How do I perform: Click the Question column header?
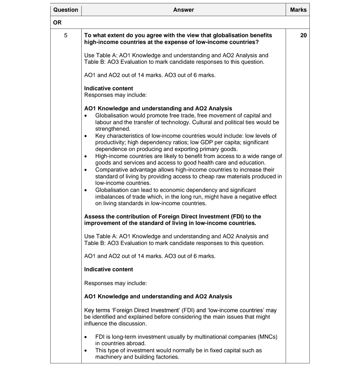tap(66, 10)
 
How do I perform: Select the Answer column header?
tap(184, 10)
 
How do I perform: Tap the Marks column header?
tap(298, 10)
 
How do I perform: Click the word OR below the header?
tap(57, 23)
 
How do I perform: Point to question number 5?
tap(66, 35)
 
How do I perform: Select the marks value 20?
tap(303, 35)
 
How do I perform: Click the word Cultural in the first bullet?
tap(202, 122)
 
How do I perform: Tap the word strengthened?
tap(112, 129)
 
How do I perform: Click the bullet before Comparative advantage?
tap(86, 170)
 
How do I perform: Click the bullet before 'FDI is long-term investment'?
tap(86, 337)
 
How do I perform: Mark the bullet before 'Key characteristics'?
tap(86, 136)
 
